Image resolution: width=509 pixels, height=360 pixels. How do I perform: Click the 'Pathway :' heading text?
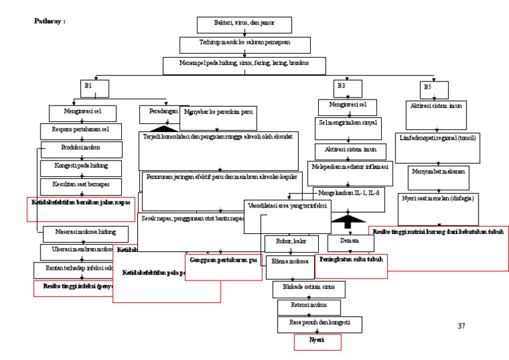point(49,21)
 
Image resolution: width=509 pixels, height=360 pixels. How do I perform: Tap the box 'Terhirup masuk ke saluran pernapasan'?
point(245,44)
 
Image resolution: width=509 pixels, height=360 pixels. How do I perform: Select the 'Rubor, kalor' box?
point(290,241)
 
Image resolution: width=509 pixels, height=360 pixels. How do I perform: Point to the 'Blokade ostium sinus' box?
point(305,289)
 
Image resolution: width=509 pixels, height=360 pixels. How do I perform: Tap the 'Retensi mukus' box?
point(308,307)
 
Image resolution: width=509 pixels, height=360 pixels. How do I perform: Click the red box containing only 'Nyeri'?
point(317,341)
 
